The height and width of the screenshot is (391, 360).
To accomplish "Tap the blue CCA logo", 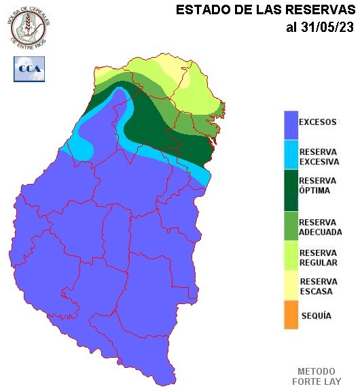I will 29,69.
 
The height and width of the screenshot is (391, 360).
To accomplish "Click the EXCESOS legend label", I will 317,122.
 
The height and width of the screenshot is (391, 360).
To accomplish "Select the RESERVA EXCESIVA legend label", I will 318,155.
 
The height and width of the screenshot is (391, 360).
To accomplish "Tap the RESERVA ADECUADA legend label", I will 320,227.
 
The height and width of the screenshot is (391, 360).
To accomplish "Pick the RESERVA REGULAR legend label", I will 318,257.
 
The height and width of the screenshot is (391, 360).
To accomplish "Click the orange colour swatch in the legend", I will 291,316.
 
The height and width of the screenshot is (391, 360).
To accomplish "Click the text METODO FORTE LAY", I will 316,376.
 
